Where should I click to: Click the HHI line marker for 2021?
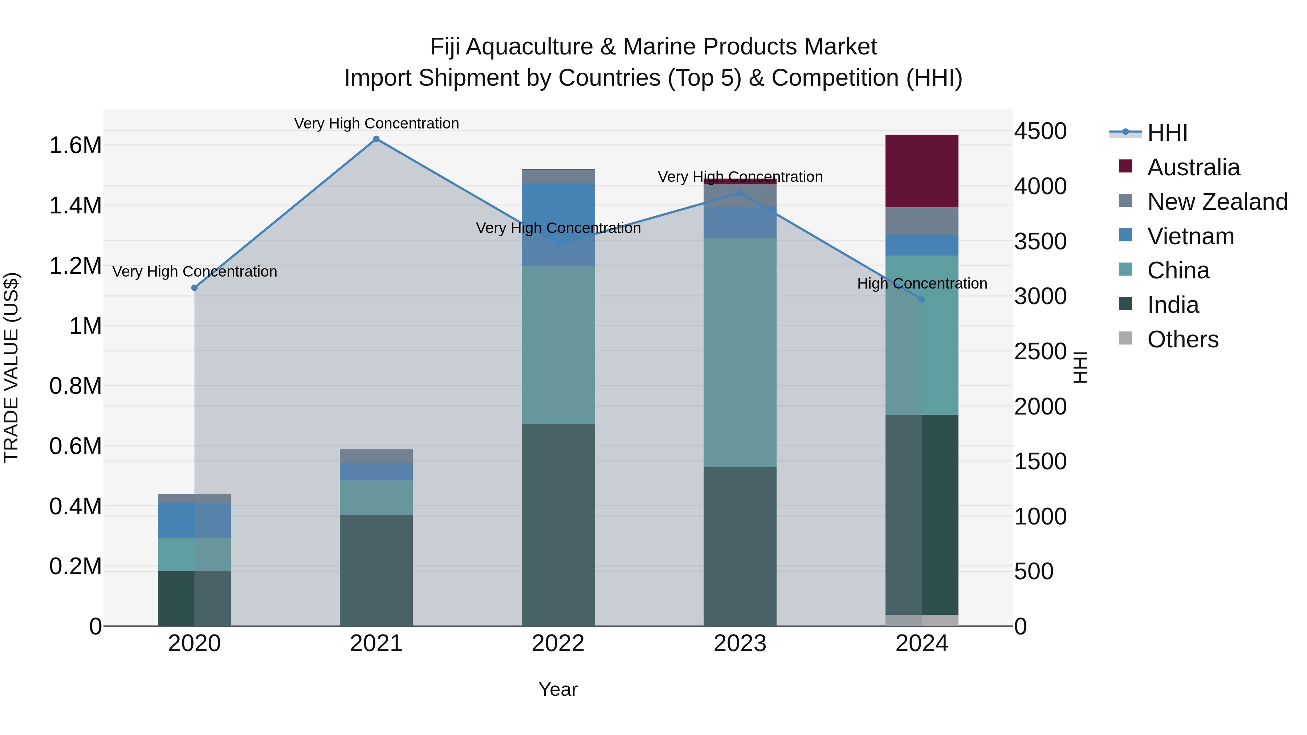[376, 139]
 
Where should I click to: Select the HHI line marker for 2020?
[194, 287]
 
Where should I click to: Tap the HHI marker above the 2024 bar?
[922, 299]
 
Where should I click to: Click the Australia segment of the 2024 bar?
[922, 171]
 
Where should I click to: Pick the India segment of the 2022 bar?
[558, 525]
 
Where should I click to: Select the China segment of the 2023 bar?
[740, 352]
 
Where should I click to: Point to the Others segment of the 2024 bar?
[922, 620]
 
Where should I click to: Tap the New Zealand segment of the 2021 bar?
[376, 456]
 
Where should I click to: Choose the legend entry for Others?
[1182, 339]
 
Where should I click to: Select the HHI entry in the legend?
[1166, 133]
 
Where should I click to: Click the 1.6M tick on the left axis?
[75, 146]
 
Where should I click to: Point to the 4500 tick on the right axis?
[1040, 131]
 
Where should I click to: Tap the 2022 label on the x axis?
[558, 644]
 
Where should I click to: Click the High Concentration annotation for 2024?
[922, 283]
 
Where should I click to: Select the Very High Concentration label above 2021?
[376, 123]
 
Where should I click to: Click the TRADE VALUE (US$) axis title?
[11, 367]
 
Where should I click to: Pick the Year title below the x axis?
[558, 689]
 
